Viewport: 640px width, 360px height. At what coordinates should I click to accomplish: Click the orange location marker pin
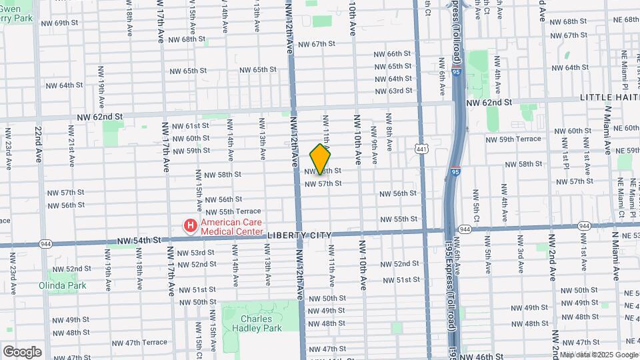click(x=320, y=159)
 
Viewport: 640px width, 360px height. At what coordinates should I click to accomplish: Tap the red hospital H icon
click(x=190, y=227)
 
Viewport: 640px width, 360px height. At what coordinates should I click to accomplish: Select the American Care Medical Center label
click(x=233, y=227)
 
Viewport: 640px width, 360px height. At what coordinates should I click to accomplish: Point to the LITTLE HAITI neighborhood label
click(x=609, y=97)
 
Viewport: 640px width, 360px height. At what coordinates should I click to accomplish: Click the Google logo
click(x=22, y=352)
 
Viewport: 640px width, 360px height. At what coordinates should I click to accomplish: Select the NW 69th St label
click(x=59, y=23)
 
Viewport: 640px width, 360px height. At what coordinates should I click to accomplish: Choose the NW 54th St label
click(x=139, y=240)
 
